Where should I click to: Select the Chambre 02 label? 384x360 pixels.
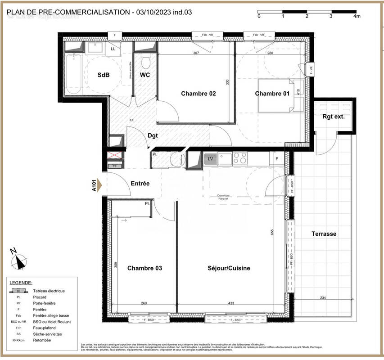pyautogui.click(x=198, y=94)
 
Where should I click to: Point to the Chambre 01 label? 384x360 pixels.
pyautogui.click(x=271, y=94)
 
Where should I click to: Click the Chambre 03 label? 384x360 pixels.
pyautogui.click(x=145, y=268)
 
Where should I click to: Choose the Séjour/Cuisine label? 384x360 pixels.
pyautogui.click(x=229, y=268)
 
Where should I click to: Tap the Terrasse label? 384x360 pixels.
pyautogui.click(x=324, y=234)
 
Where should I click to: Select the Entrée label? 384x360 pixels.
pyautogui.click(x=140, y=184)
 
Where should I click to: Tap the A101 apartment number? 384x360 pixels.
pyautogui.click(x=95, y=185)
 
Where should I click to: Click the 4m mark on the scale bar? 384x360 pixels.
pyautogui.click(x=357, y=16)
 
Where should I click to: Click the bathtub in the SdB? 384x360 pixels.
pyautogui.click(x=73, y=74)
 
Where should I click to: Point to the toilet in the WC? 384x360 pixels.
pyautogui.click(x=145, y=62)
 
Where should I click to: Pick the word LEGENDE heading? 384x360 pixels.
pyautogui.click(x=21, y=283)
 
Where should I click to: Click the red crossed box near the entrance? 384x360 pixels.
pyautogui.click(x=114, y=156)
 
